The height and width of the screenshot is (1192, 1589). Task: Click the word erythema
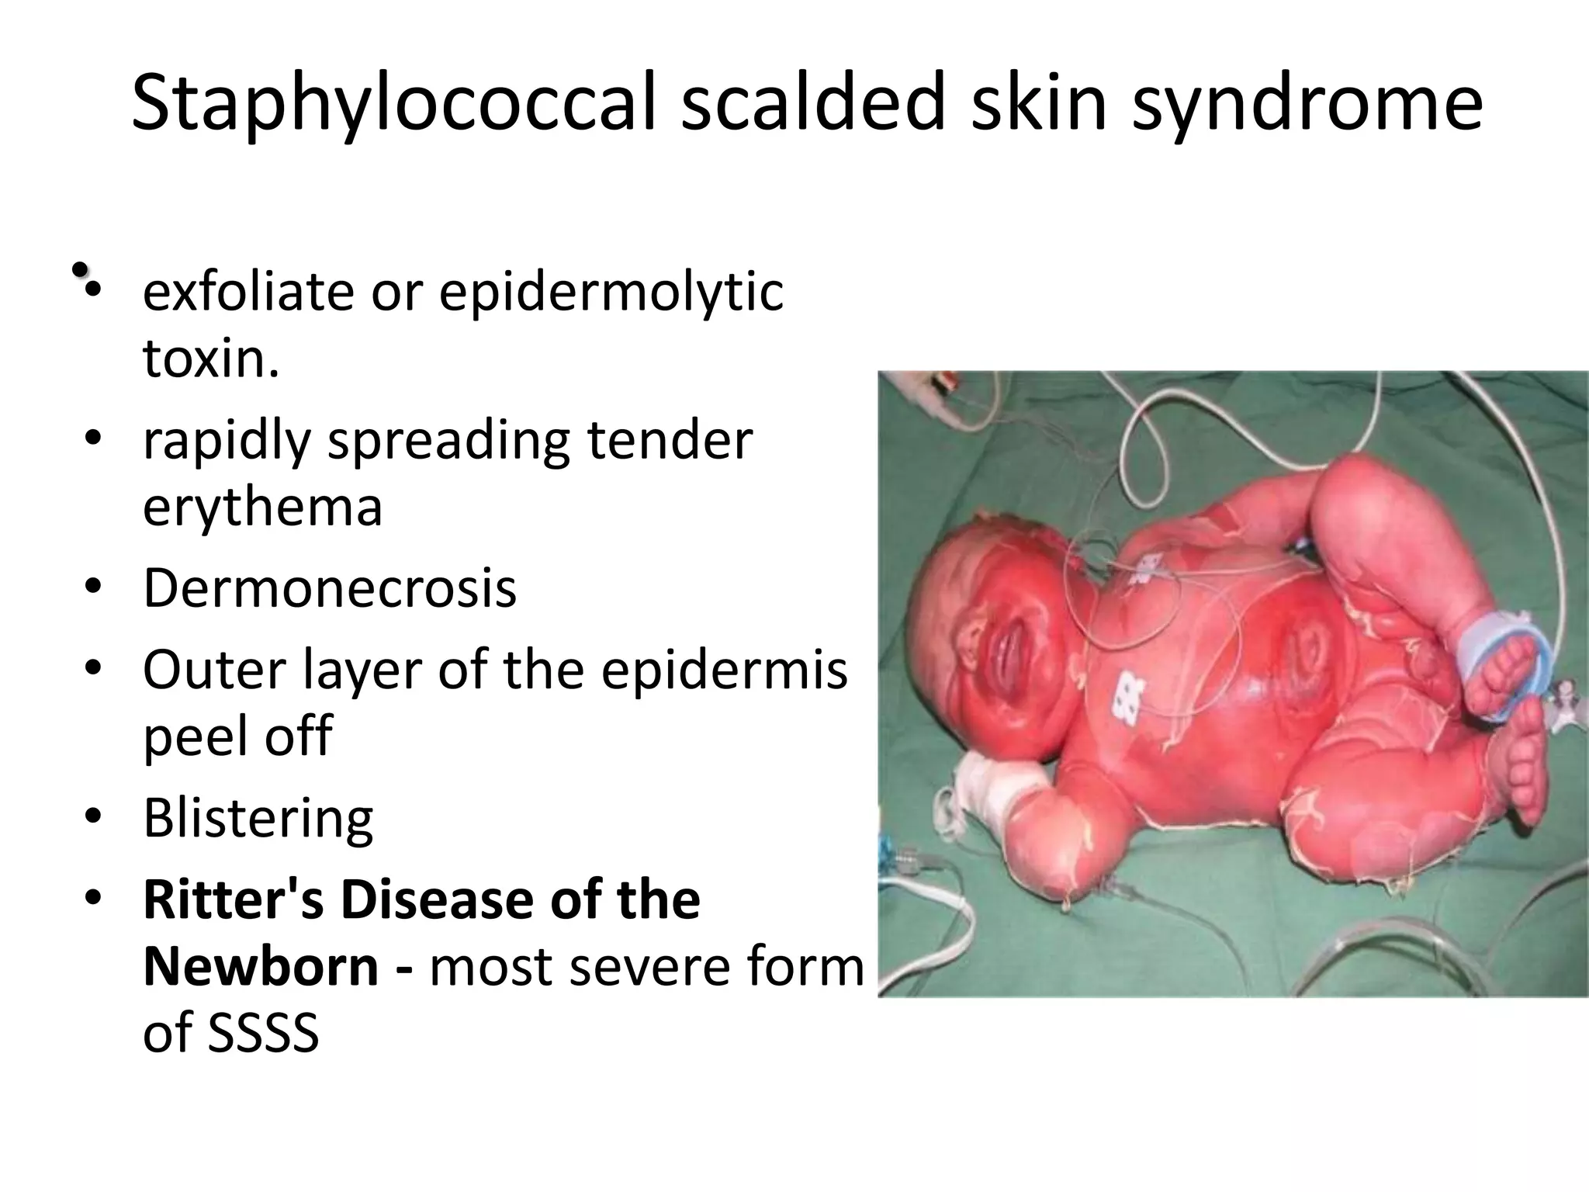(262, 508)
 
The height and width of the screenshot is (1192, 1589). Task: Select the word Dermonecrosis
(330, 588)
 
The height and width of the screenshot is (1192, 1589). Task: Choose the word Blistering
(258, 819)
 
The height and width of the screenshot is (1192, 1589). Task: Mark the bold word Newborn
(261, 967)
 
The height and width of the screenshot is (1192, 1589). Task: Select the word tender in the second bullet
(670, 441)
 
